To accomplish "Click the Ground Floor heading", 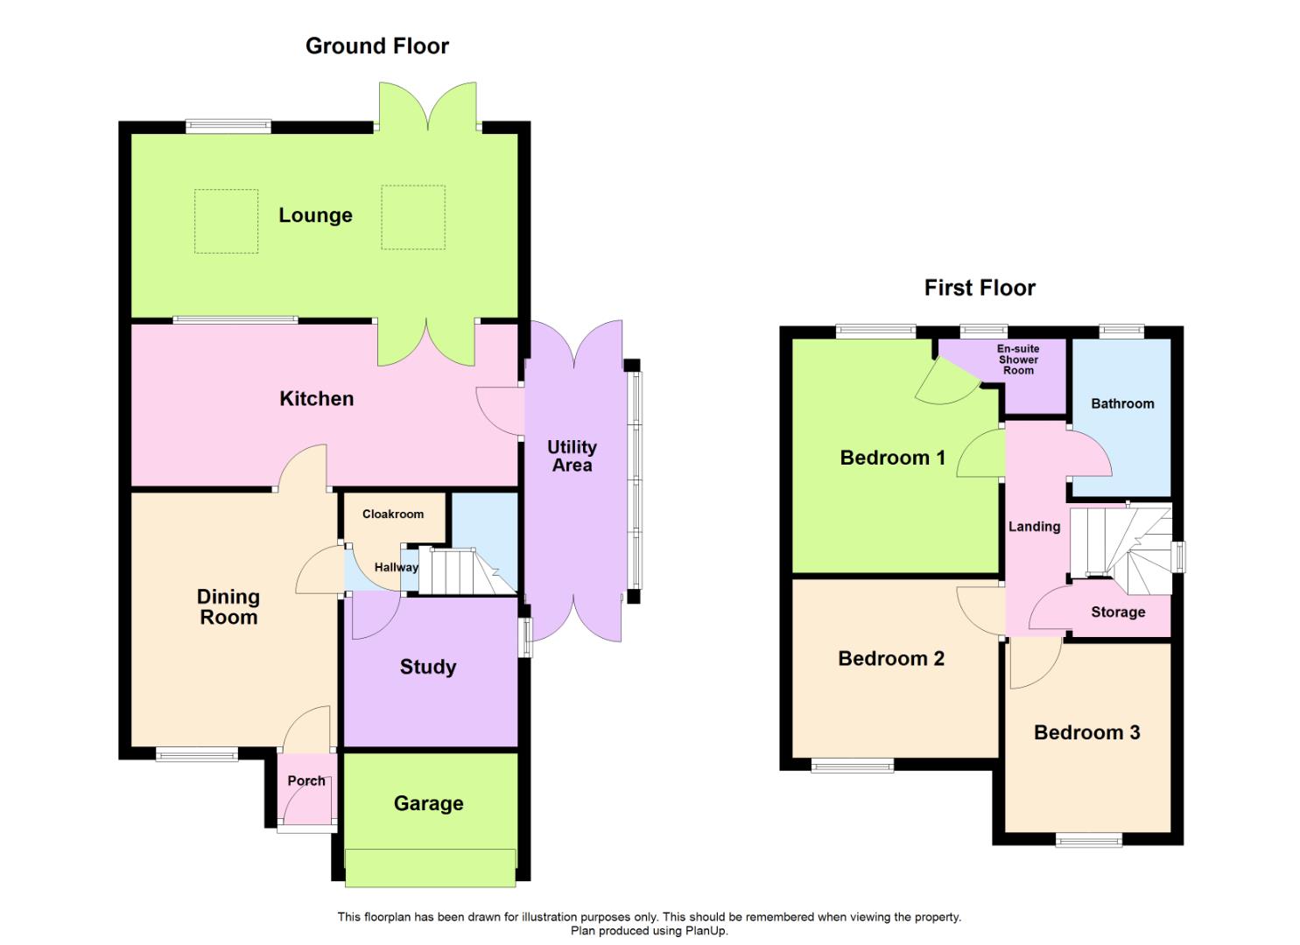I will pos(376,46).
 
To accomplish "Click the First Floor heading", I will pos(980,288).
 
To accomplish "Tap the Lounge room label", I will pos(315,215).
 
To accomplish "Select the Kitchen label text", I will pos(316,399).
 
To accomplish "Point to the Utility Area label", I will pos(572,456).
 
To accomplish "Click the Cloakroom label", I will pos(393,514).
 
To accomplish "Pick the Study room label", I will pos(428,667).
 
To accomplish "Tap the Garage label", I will pos(428,803).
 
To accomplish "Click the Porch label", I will pos(306,780).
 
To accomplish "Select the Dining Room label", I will pos(228,607).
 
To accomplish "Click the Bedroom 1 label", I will pos(892,458).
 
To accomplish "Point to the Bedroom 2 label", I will pos(891,659).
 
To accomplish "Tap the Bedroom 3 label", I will pos(1086,733).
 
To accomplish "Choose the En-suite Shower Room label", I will pos(1018,360).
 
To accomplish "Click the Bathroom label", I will pos(1122,403).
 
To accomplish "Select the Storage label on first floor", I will pos(1118,612).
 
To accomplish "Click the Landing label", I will pos(1034,527).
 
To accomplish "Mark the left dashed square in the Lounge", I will pos(226,221).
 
